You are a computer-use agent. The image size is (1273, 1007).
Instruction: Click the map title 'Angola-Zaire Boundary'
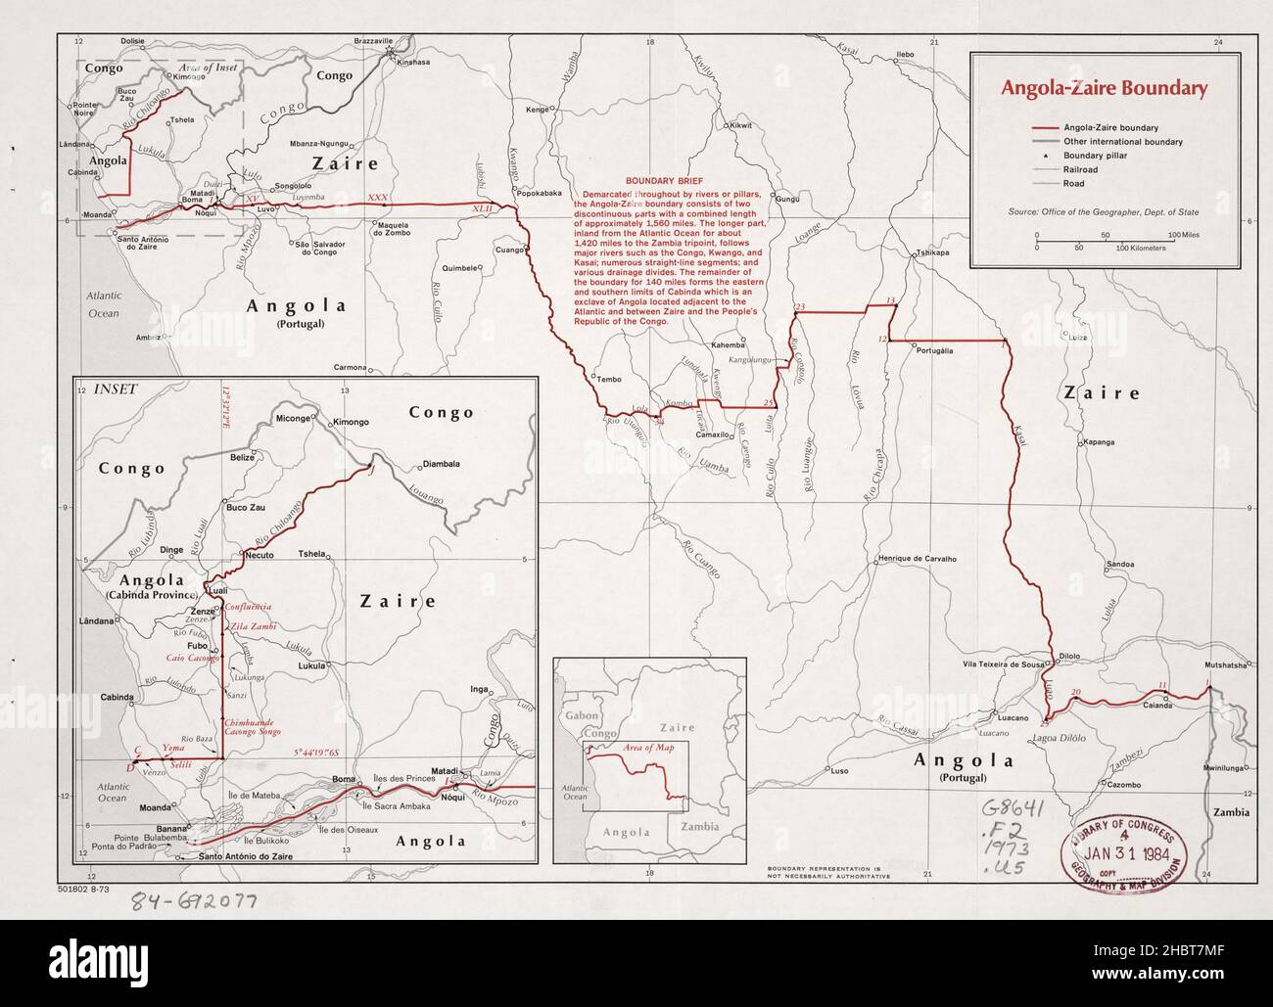click(1102, 88)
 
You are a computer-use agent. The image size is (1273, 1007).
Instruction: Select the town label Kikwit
click(738, 126)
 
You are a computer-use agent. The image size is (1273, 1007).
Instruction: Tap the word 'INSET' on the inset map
click(117, 388)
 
